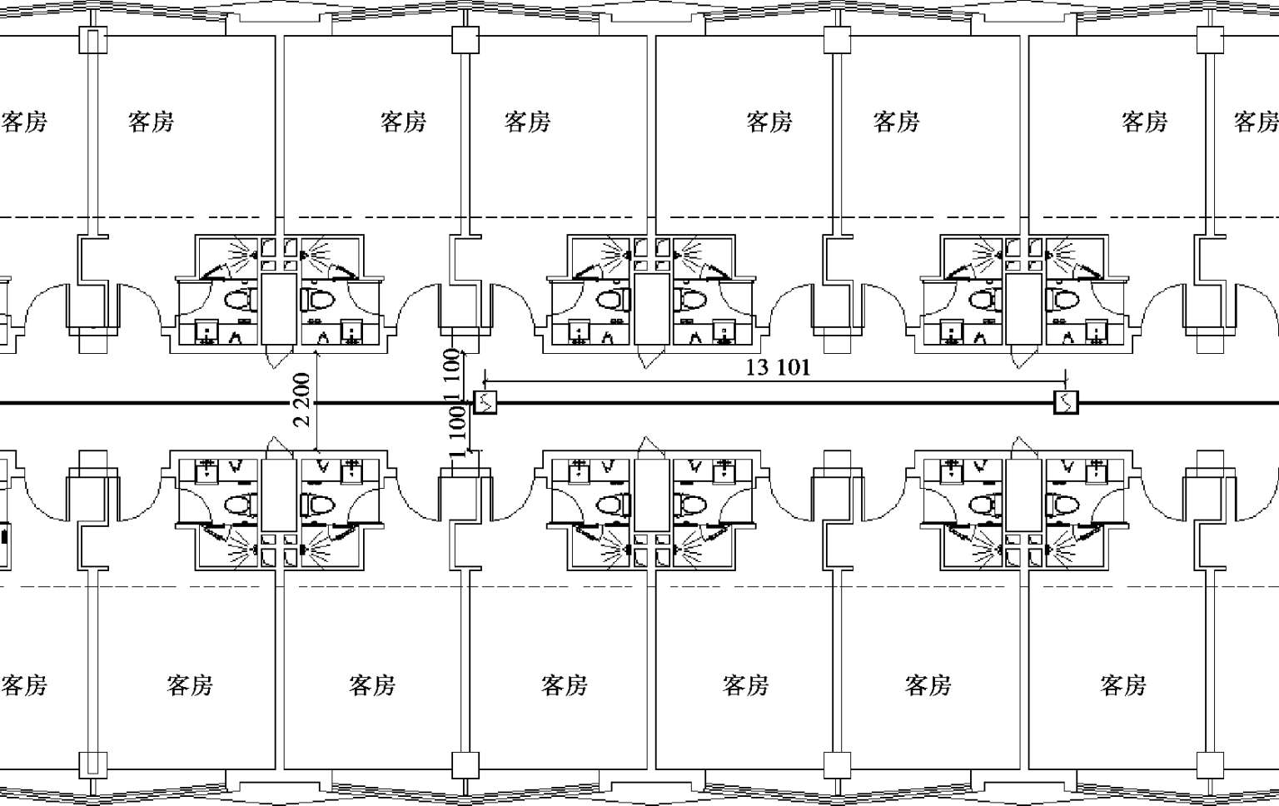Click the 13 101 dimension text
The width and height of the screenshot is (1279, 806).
[778, 367]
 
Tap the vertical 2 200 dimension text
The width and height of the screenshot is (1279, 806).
[302, 400]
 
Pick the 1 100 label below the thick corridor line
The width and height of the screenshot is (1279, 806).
[457, 430]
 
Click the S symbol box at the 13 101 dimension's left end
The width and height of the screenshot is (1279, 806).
[485, 402]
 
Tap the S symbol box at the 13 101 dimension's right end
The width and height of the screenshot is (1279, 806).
[1066, 402]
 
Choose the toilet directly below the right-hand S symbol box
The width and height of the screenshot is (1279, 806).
[1063, 505]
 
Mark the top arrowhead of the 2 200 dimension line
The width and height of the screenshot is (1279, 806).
[317, 355]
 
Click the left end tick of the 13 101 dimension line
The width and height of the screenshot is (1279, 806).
[485, 381]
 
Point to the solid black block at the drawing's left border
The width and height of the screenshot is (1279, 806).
[4, 537]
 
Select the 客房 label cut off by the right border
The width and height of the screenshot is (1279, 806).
[1257, 122]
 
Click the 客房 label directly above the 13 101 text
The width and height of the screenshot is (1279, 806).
[769, 122]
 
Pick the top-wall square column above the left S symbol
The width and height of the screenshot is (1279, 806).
[465, 41]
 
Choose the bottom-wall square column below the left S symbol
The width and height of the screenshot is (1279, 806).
[465, 765]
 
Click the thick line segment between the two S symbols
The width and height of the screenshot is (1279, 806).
[775, 403]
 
